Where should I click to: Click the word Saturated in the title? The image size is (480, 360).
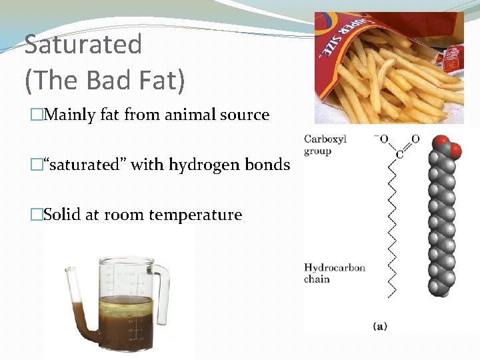tap(83, 45)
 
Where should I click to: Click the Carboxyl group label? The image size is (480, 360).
tap(325, 145)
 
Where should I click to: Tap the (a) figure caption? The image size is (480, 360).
tap(379, 326)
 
